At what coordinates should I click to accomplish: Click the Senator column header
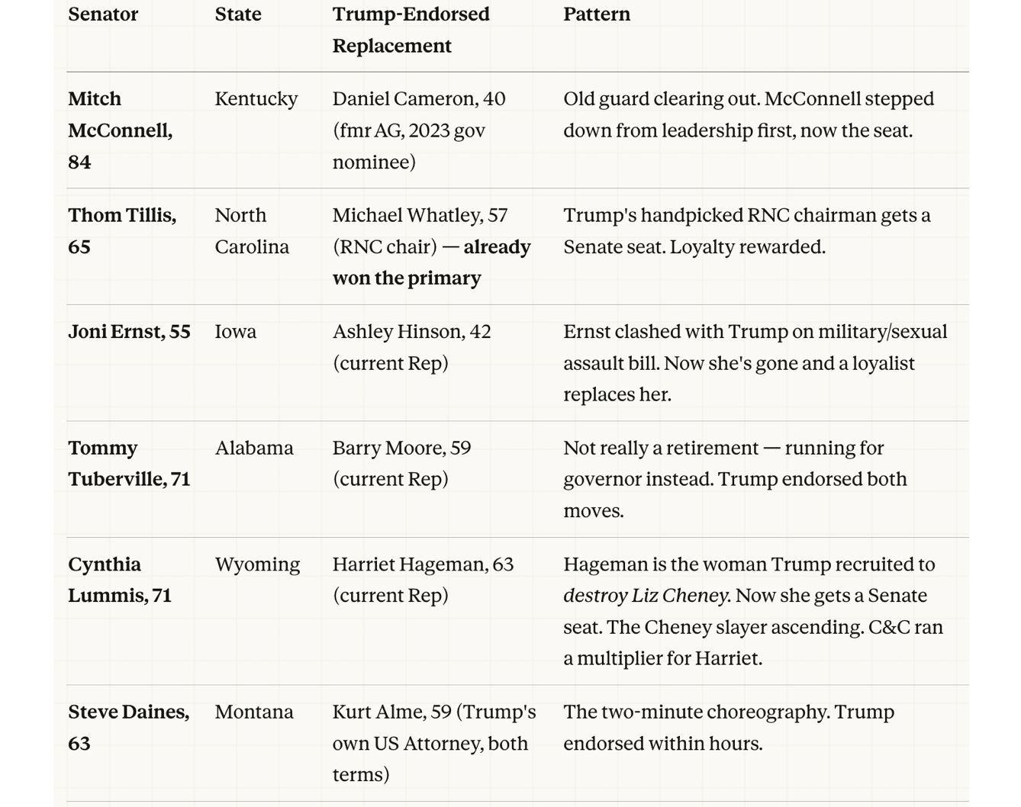pos(103,14)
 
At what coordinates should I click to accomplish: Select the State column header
pos(237,14)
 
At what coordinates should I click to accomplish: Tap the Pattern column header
pos(597,14)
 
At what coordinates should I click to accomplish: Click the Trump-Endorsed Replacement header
pos(411,30)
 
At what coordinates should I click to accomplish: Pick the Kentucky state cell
pos(256,99)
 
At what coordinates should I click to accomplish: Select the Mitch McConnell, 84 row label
pos(120,130)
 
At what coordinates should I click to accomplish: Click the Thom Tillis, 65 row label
pos(121,230)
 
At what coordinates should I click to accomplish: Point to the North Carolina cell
pos(251,230)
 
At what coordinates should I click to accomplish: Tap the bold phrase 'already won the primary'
pos(431,262)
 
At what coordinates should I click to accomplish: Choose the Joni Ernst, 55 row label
pos(129,332)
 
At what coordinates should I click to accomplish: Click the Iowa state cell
pos(235,332)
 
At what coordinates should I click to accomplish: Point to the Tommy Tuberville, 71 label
pos(128,463)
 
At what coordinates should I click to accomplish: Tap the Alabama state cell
pos(253,448)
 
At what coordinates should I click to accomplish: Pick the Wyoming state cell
pos(257,564)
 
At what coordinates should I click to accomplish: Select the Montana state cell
pos(253,712)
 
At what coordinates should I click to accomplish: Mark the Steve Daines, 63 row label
pos(128,727)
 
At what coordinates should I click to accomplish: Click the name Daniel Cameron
pos(404,99)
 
